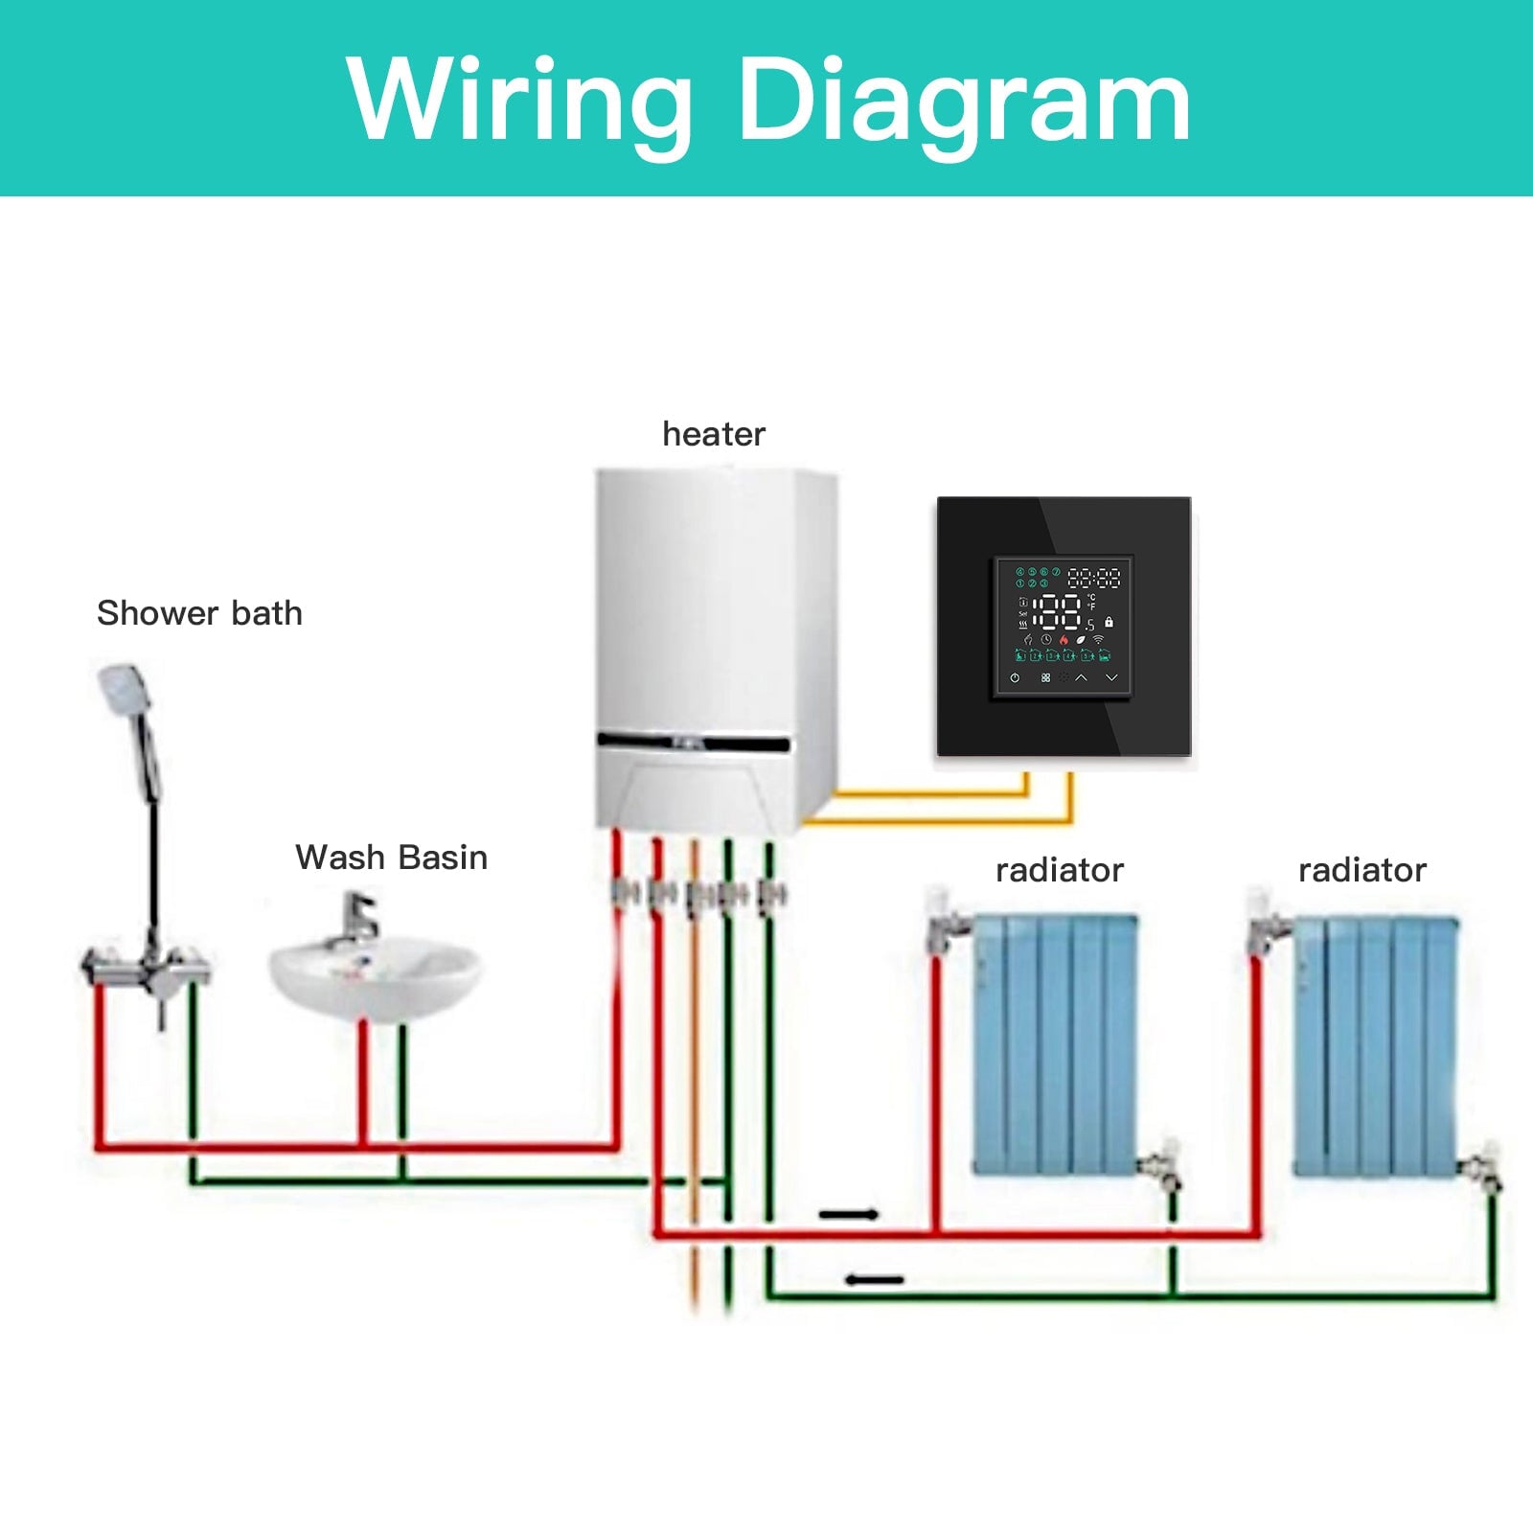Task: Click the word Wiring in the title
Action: pos(518,101)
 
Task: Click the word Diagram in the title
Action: pos(963,101)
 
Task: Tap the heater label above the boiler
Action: pos(714,434)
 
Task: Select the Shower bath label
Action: pos(199,613)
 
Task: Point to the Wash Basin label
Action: pos(391,858)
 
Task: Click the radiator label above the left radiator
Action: pos(1059,870)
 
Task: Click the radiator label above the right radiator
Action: pos(1361,870)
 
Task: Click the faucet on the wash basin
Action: pos(358,918)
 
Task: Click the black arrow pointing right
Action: pos(849,1215)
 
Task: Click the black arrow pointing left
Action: pos(874,1279)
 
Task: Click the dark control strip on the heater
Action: pos(694,742)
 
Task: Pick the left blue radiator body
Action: pos(1054,1044)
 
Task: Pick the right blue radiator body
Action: pos(1376,1044)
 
